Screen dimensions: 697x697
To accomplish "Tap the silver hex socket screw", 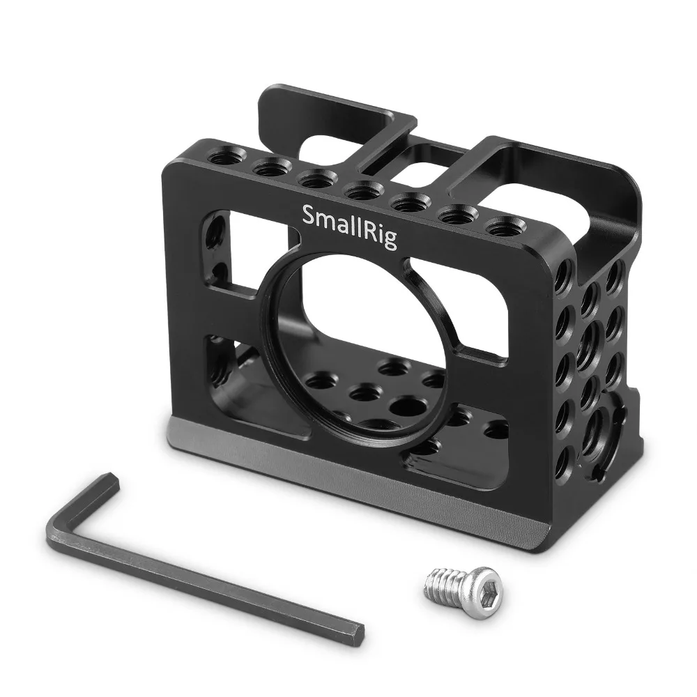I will tap(453, 585).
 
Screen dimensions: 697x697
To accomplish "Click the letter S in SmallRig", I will tap(308, 215).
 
